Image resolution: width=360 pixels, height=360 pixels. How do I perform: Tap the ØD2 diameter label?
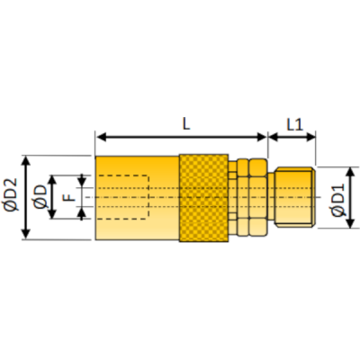(12, 196)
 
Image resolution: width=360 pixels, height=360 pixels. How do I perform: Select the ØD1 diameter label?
(337, 198)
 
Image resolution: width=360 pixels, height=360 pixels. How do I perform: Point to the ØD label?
(40, 196)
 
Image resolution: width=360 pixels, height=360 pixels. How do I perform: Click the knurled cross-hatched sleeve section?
(203, 197)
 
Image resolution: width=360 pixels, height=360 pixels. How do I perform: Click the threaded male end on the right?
(293, 197)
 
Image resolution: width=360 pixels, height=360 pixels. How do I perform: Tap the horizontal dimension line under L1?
(292, 138)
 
